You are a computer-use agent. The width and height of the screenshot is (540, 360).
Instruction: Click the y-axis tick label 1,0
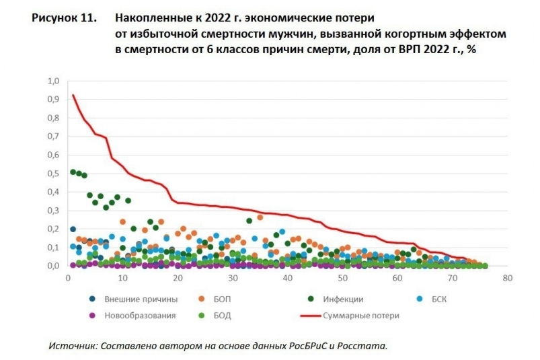pos(53,81)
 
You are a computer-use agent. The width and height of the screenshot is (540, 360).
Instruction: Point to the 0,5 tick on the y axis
pos(53,174)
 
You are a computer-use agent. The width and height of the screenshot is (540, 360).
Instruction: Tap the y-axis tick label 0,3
pos(53,211)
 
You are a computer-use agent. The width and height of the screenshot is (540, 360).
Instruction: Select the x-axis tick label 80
pos(508,277)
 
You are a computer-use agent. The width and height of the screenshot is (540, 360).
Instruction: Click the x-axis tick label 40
pos(287,277)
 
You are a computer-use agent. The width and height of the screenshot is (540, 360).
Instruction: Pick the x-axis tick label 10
pos(122,277)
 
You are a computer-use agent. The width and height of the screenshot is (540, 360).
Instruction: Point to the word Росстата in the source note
pos(367,345)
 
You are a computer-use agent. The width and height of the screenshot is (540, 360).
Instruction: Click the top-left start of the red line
pos(73,95)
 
